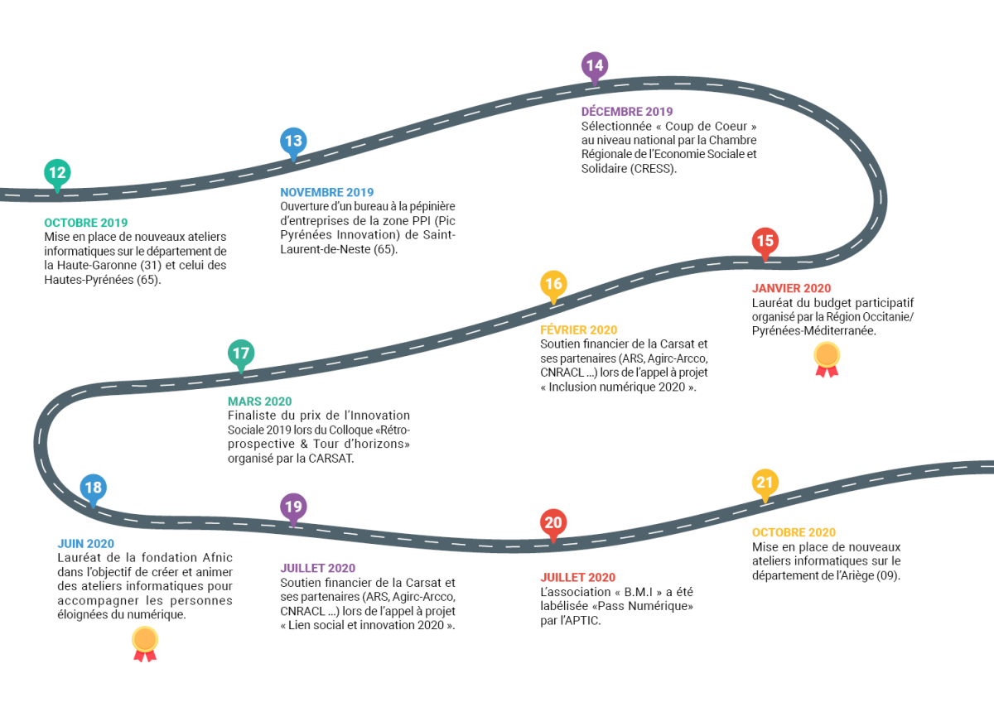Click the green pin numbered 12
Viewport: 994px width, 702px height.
[x=57, y=175]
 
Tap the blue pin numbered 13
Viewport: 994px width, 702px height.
[x=293, y=142]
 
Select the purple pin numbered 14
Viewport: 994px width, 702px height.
[x=595, y=67]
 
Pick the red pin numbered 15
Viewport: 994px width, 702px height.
[x=765, y=243]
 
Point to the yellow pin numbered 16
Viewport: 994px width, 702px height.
[x=553, y=286]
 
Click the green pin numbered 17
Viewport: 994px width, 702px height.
[x=241, y=355]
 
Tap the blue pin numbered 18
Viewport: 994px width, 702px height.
[x=93, y=489]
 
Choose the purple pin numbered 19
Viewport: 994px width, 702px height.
[x=293, y=508]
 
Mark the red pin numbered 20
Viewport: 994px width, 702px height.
[x=553, y=524]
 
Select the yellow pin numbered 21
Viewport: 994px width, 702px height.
[x=765, y=483]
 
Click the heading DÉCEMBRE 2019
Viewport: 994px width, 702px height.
[x=627, y=111]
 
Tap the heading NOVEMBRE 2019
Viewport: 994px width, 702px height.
[x=326, y=192]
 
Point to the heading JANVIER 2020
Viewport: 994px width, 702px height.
[x=791, y=288]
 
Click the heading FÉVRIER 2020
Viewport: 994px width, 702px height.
[x=579, y=329]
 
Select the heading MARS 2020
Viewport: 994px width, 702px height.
[x=259, y=401]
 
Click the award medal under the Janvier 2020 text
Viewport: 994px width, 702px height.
[x=827, y=359]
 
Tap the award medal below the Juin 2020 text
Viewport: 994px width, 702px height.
[x=145, y=644]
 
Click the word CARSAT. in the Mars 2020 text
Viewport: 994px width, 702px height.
[x=331, y=458]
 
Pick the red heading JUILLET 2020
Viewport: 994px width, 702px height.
[x=578, y=577]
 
